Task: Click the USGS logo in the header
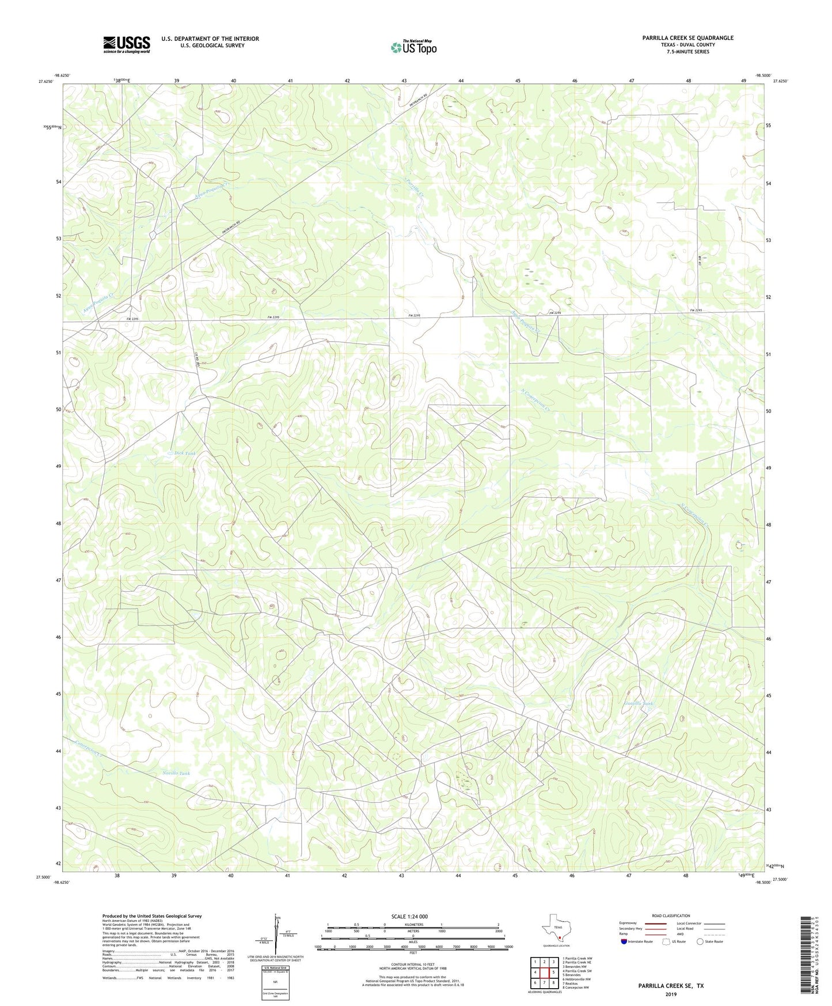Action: point(126,44)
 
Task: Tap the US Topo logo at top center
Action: point(413,47)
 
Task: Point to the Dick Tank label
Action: point(185,453)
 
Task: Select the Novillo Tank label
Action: point(175,773)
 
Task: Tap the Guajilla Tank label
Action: point(638,704)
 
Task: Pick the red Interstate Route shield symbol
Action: point(624,941)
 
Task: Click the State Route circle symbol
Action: point(700,941)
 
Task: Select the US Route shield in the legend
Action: point(666,941)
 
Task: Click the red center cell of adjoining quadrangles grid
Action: point(544,972)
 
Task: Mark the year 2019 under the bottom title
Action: point(671,994)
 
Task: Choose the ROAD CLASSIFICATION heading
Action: point(671,916)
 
